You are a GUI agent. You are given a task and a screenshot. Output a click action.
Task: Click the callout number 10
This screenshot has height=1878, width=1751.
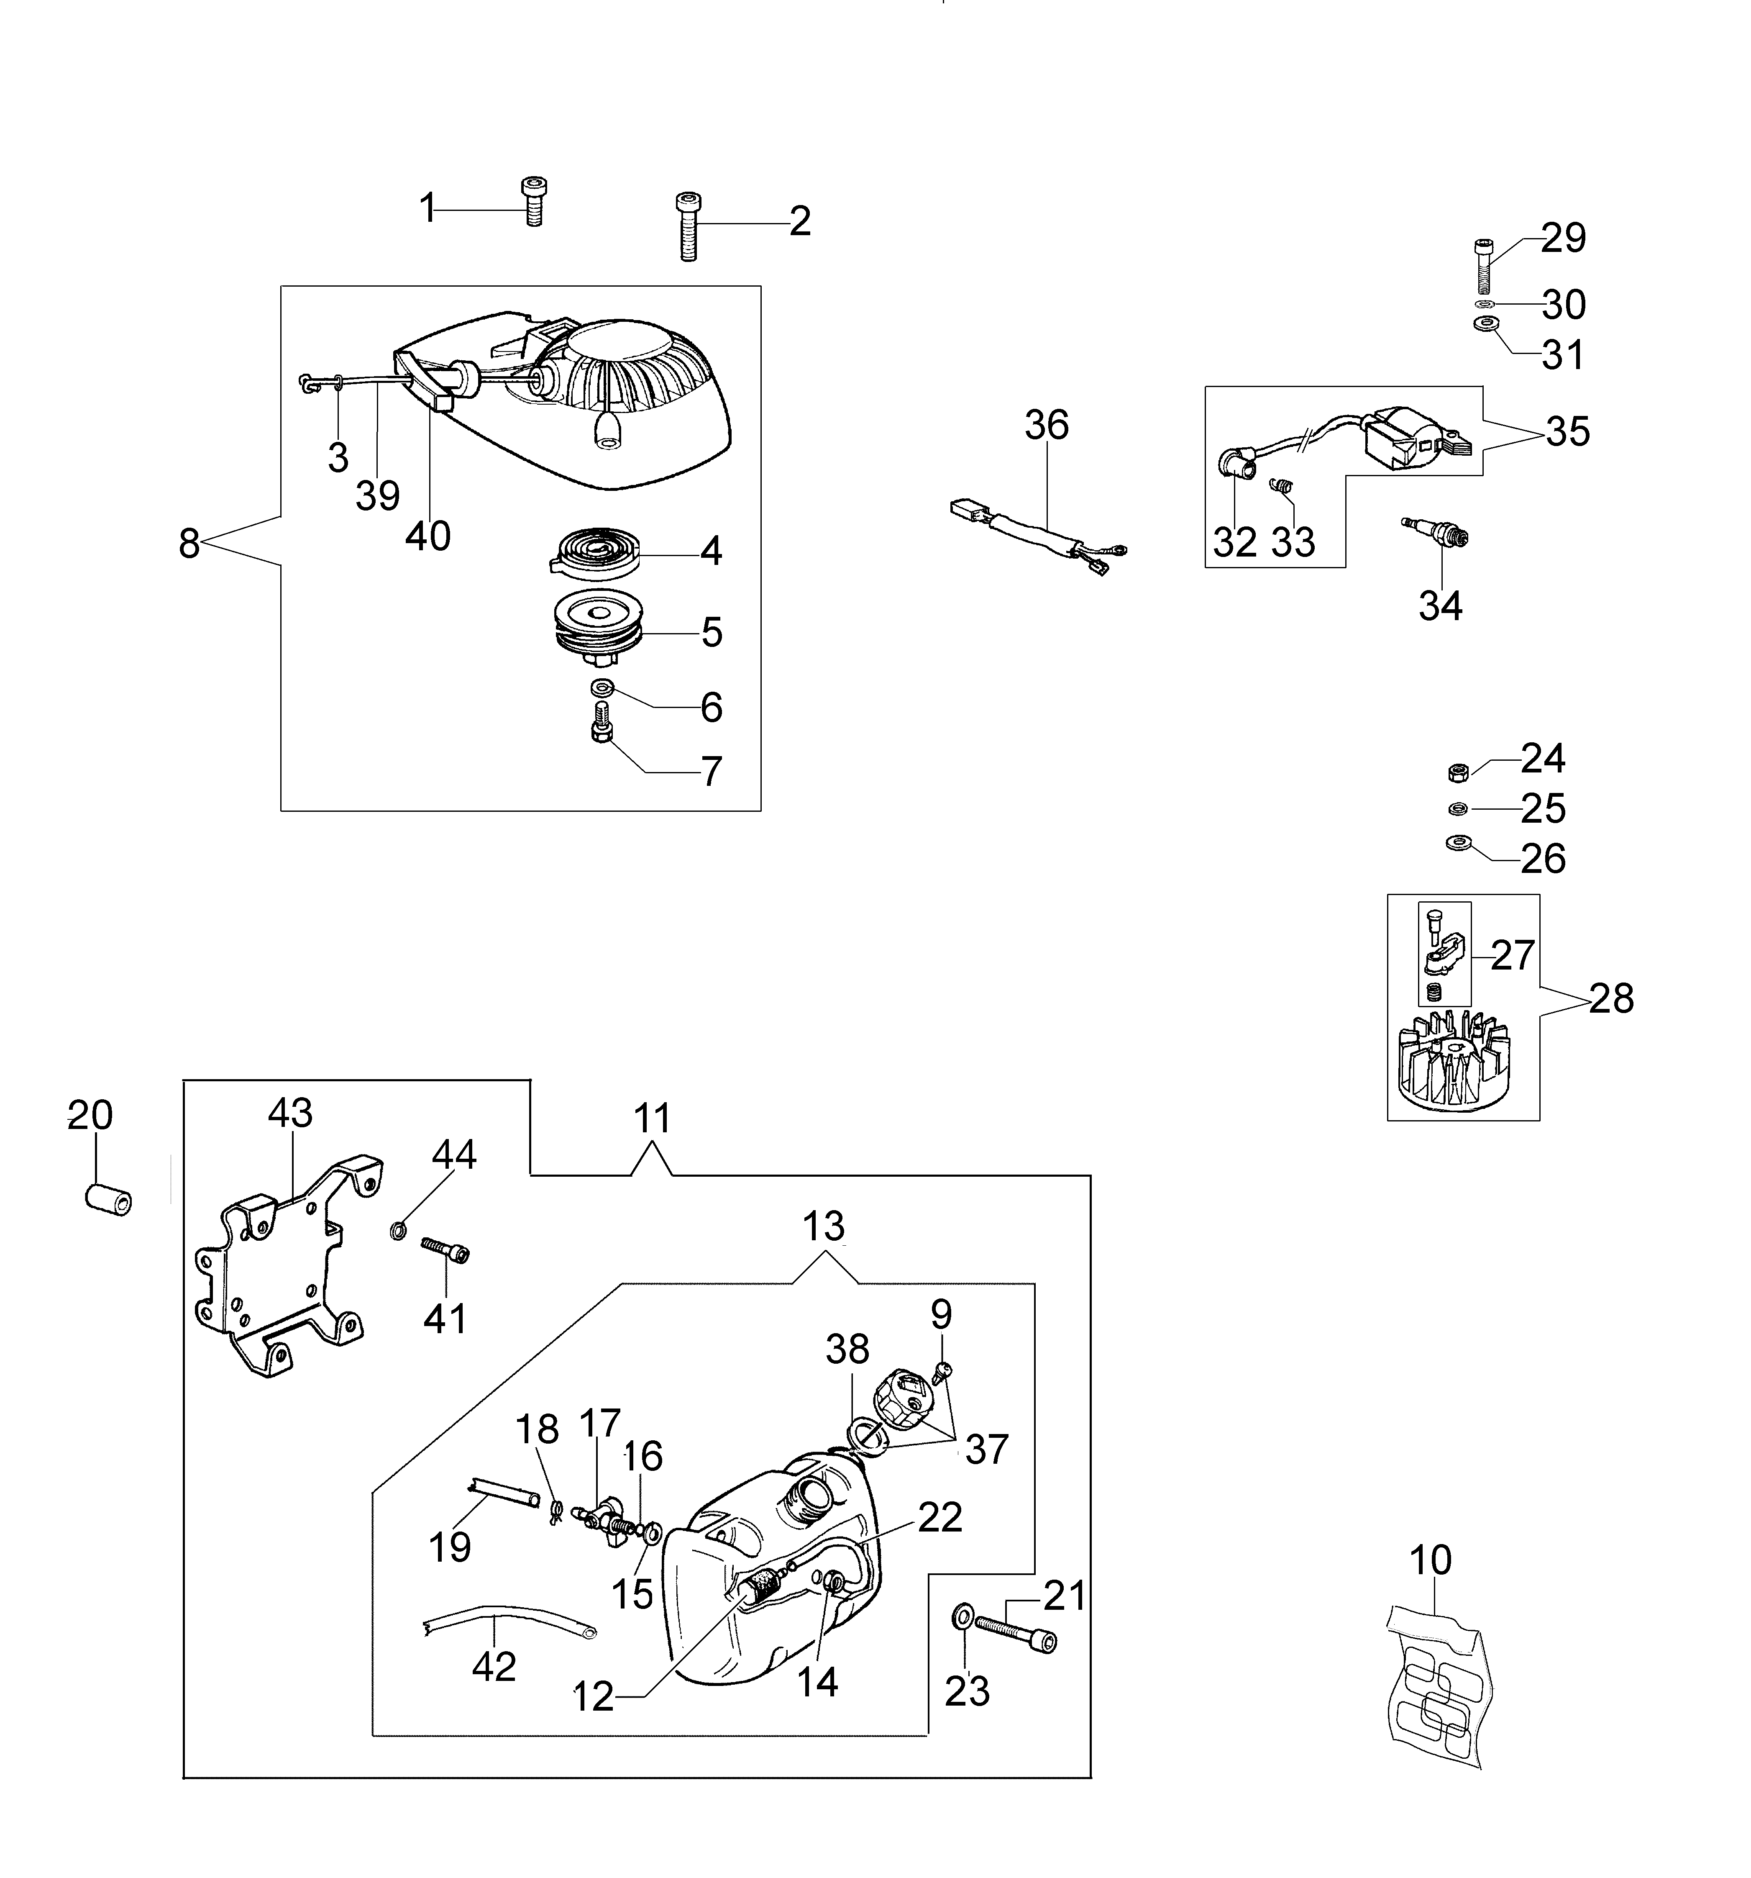pyautogui.click(x=1430, y=1560)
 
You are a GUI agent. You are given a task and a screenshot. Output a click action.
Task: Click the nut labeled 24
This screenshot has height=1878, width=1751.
pyautogui.click(x=1457, y=772)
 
